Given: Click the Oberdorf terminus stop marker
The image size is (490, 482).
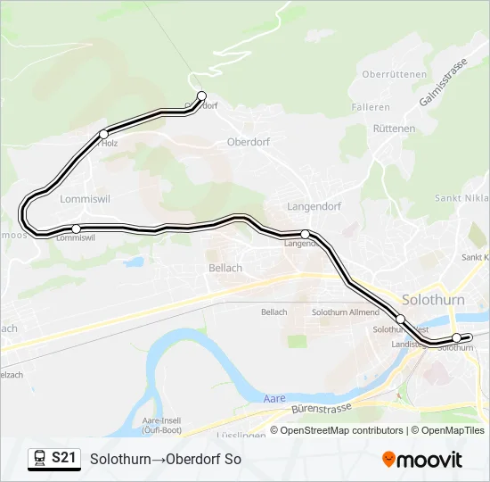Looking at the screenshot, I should coord(201,96).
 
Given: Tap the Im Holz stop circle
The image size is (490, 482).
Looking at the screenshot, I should coord(103,135).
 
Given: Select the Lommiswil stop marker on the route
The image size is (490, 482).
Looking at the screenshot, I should coord(76,229).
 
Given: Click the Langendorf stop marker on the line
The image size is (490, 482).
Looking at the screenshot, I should coord(305,234).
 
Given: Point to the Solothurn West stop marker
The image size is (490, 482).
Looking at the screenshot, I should coord(400,319).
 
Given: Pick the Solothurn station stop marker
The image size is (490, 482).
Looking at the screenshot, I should coord(456,337).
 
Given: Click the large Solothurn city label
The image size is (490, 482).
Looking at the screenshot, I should coord(433,299).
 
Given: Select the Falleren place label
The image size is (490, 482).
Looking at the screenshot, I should coord(371,107).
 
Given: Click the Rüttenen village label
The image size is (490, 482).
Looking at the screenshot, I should coord(394,129).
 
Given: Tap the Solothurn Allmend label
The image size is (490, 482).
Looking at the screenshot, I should coord(346,312).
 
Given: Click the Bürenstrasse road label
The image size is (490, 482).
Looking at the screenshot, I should coord(321,411).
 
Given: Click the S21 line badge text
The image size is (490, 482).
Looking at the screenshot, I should coord(63,458).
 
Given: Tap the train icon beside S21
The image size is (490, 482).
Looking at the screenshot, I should coord(40,458).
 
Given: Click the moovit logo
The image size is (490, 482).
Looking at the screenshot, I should coord(423,460).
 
